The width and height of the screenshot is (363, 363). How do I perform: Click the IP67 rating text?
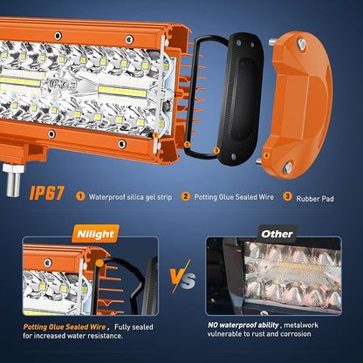(46, 193)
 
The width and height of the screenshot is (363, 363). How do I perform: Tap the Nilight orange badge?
(96, 234)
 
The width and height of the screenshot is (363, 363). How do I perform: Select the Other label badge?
(277, 234)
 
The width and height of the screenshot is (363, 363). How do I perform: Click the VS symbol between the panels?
(182, 276)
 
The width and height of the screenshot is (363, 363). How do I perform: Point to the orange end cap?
(298, 104)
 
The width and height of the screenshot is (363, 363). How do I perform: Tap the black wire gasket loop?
(203, 96)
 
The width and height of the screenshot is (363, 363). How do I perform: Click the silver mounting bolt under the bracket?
(13, 181)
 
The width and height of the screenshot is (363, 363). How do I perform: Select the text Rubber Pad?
(315, 199)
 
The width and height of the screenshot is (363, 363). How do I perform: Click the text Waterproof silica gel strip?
(130, 197)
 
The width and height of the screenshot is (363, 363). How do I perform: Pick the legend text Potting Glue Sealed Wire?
(234, 197)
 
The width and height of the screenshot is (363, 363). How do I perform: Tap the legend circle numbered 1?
(80, 196)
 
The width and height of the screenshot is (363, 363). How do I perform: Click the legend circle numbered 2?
(185, 196)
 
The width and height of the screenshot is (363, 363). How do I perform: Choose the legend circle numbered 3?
(287, 196)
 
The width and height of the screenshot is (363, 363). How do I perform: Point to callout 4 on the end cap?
(266, 155)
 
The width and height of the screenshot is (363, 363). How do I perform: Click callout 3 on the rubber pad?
(216, 150)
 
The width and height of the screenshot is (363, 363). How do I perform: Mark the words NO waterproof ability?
(243, 325)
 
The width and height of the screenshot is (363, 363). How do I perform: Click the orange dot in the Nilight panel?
(99, 264)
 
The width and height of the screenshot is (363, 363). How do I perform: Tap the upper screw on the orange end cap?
(301, 44)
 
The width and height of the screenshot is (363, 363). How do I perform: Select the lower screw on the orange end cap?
(287, 167)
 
